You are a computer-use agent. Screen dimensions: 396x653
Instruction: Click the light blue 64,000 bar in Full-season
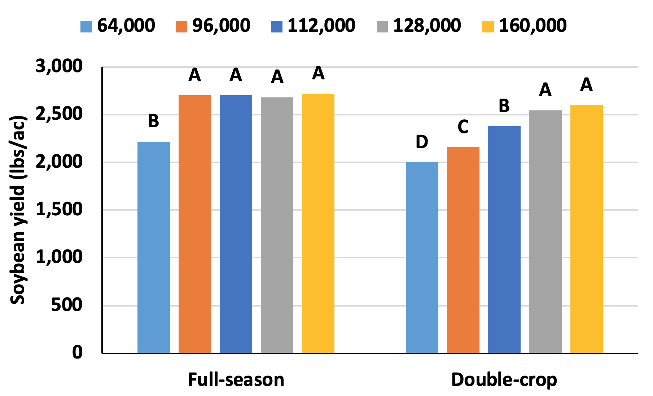tap(153, 247)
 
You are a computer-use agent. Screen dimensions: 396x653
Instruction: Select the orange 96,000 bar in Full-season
tap(194, 224)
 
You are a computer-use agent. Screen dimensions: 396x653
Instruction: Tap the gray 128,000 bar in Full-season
tap(277, 225)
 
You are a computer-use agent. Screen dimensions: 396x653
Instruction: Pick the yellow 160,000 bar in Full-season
tap(318, 223)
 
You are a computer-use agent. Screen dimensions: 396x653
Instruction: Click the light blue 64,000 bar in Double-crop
tap(422, 258)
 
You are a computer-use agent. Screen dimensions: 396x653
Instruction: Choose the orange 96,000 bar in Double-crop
tap(463, 250)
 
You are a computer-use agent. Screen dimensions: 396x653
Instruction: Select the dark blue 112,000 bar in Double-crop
tap(504, 239)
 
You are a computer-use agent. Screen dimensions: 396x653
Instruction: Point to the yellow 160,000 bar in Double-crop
tap(586, 229)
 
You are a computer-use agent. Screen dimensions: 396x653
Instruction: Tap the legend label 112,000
tap(321, 26)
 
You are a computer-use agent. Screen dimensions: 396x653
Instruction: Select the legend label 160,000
tap(533, 26)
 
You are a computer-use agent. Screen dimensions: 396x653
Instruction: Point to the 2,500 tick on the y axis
tap(59, 114)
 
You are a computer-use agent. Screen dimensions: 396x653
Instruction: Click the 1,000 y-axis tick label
tap(59, 257)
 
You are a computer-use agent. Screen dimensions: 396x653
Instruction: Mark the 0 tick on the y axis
tap(77, 352)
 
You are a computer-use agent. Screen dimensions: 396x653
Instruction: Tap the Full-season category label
tap(236, 380)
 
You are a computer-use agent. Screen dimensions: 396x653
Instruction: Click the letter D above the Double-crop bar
tap(422, 142)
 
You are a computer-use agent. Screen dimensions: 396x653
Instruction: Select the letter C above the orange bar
tap(463, 127)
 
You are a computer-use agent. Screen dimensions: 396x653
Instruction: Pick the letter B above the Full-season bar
tap(153, 121)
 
